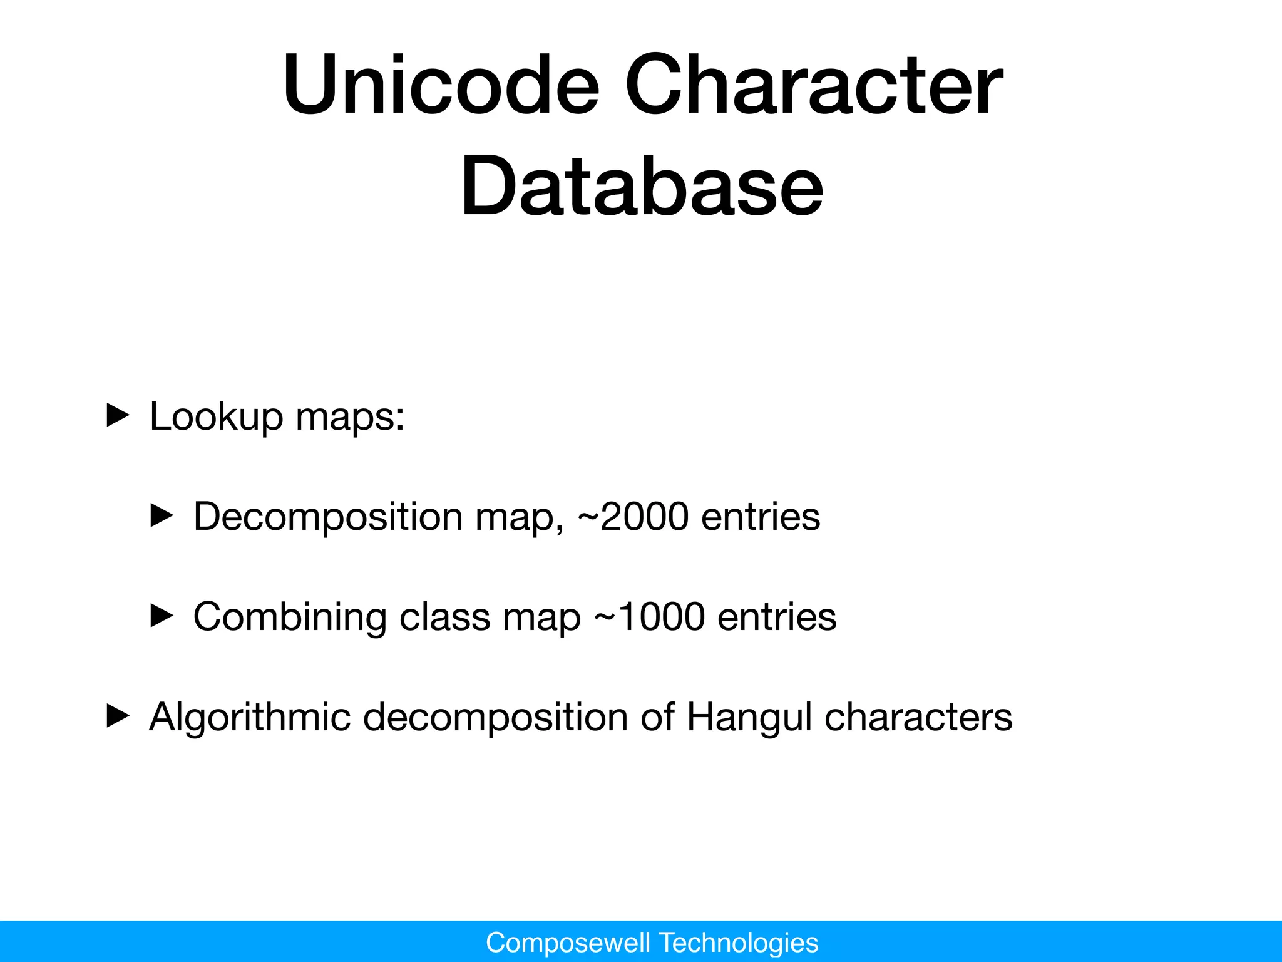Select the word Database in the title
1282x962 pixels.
pos(642,186)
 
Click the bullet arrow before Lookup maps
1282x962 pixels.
pos(118,416)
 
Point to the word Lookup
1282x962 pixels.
pos(216,416)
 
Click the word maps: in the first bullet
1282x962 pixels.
pos(350,418)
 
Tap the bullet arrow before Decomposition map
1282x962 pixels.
pos(162,516)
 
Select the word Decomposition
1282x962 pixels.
pos(327,517)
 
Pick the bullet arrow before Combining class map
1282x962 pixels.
pos(162,616)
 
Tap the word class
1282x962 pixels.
pos(444,617)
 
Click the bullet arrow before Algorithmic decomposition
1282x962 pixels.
pos(118,716)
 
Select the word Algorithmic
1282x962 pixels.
pos(249,716)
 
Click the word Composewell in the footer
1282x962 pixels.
pos(568,943)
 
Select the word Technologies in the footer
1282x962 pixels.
pos(739,943)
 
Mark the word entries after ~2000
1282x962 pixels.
pos(761,517)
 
